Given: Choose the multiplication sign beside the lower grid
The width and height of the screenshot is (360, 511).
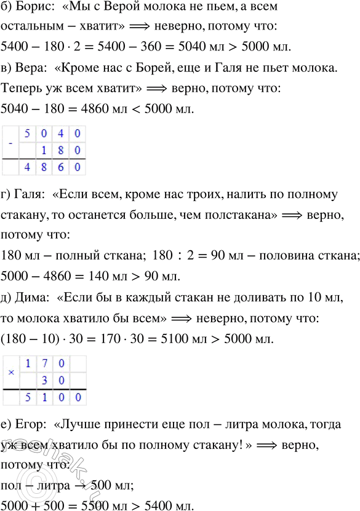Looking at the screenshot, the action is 9,373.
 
